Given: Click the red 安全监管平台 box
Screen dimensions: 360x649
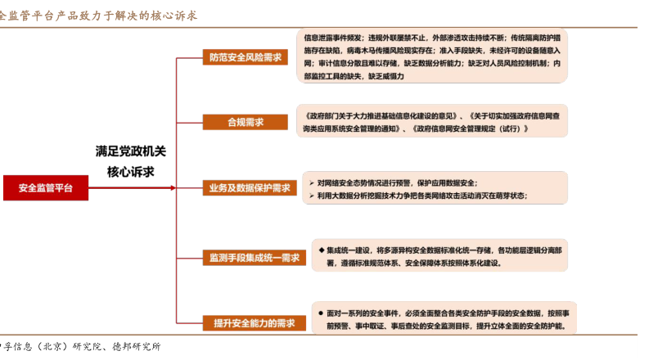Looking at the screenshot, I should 46,188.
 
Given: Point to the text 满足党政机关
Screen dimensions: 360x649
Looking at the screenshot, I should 131,151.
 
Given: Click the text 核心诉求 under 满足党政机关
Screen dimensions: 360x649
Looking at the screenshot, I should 131,172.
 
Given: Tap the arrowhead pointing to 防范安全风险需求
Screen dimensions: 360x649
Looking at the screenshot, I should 199,57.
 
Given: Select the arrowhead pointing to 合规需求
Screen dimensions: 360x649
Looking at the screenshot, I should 199,122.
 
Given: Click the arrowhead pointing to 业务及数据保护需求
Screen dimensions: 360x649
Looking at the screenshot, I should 199,188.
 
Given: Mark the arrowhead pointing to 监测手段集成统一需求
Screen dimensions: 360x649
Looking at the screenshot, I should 199,258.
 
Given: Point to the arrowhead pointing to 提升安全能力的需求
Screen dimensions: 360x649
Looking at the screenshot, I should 199,322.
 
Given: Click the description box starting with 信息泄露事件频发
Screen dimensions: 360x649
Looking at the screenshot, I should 432,56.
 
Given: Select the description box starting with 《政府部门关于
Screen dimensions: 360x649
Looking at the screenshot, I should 432,122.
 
